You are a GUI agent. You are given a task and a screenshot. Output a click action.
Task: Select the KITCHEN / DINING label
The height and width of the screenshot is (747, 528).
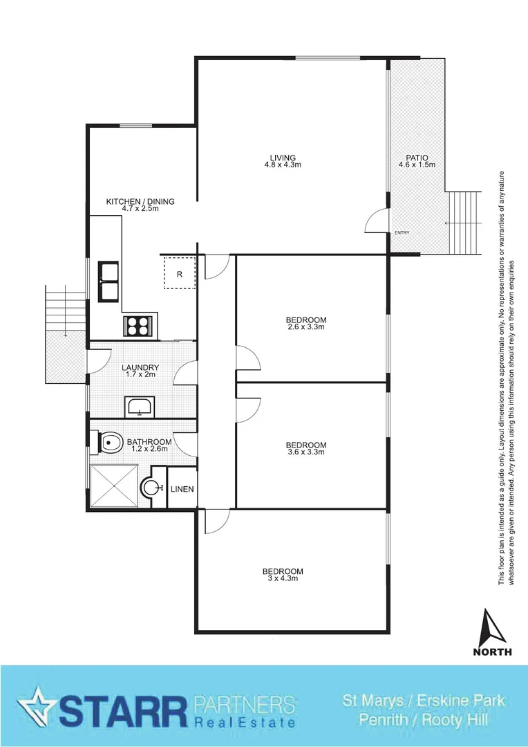pyautogui.click(x=140, y=201)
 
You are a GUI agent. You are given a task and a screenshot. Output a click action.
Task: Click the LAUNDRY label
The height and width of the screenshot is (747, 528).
pyautogui.click(x=140, y=368)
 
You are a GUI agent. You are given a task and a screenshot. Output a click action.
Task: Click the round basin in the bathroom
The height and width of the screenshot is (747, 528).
pyautogui.click(x=151, y=488)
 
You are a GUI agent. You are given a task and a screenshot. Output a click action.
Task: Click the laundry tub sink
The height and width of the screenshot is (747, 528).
pyautogui.click(x=141, y=407)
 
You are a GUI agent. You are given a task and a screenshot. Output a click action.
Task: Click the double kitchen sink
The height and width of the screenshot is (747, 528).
pyautogui.click(x=109, y=282)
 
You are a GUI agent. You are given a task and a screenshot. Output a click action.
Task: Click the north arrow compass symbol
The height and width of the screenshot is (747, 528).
pyautogui.click(x=493, y=633)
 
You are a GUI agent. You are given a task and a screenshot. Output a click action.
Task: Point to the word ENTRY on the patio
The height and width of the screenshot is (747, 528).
pyautogui.click(x=402, y=233)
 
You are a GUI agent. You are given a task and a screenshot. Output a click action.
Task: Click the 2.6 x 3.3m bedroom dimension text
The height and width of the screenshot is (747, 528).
pyautogui.click(x=306, y=327)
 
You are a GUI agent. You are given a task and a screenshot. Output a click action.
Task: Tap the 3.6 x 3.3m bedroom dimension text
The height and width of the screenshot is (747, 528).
pyautogui.click(x=306, y=452)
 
